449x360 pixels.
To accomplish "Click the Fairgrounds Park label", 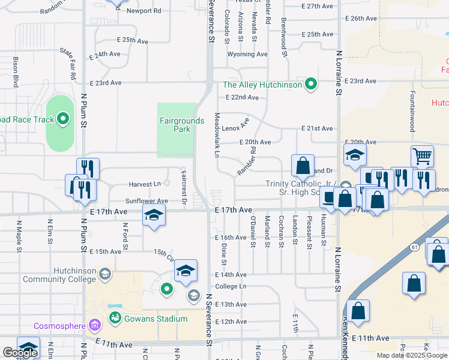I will [x=181, y=124].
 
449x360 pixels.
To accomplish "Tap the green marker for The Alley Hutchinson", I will [x=310, y=85].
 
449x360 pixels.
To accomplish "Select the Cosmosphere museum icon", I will [x=94, y=326].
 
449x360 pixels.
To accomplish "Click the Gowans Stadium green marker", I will [x=115, y=317].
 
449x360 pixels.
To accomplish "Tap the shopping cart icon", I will [x=423, y=157].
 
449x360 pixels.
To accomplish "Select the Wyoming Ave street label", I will [x=247, y=54].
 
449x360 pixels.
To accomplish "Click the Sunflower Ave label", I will [x=146, y=201].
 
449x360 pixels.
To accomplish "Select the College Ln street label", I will [x=231, y=287].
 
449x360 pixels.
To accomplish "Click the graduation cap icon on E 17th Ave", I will [x=153, y=215].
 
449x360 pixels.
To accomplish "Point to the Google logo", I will [x=20, y=353].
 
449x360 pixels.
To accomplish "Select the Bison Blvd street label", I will [x=16, y=72].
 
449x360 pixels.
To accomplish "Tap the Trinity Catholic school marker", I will [x=345, y=185].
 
